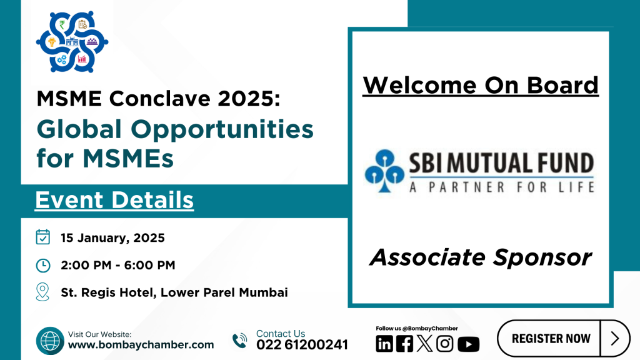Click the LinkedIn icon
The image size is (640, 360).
(384, 344)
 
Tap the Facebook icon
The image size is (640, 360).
(404, 344)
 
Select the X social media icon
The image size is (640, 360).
(424, 344)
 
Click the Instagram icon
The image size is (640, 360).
(444, 344)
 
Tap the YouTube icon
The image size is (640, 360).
(468, 344)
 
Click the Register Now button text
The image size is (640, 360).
(551, 338)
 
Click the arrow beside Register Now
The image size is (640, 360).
(615, 338)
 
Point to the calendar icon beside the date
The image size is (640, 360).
(43, 237)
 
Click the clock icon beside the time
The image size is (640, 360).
(43, 265)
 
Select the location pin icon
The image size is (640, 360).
(42, 292)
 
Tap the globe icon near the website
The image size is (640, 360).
(50, 341)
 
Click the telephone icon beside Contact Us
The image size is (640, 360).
(240, 341)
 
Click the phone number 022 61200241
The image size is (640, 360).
(302, 345)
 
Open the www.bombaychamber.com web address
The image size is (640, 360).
(141, 345)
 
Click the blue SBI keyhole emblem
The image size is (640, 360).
(384, 171)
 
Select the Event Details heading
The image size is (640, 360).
(114, 200)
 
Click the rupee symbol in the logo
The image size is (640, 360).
(62, 24)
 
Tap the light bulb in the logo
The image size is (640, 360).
(52, 42)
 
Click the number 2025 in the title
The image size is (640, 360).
(245, 99)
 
